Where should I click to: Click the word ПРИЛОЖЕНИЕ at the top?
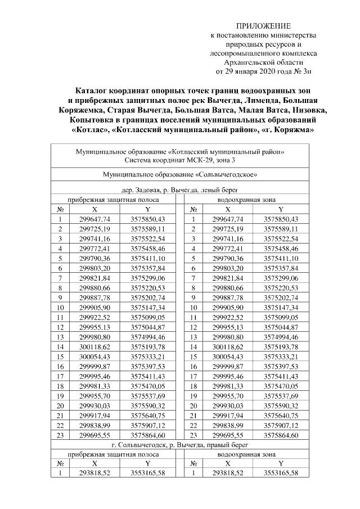(x=263, y=26)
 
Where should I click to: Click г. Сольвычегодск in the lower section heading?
(x=135, y=444)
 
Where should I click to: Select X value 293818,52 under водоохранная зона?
(x=228, y=473)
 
